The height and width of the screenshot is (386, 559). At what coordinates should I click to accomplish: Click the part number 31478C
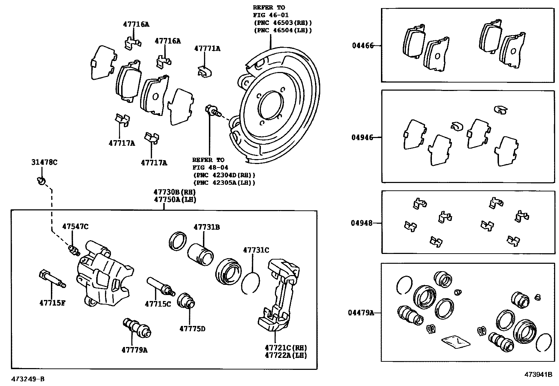point(44,162)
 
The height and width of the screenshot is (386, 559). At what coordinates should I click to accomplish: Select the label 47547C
point(75,227)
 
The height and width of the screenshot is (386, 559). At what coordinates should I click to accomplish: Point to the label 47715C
point(158,304)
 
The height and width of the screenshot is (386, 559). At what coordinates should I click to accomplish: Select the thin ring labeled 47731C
point(251,283)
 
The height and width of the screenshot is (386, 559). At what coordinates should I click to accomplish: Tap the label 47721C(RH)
point(286,348)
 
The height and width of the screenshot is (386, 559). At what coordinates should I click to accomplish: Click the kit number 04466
point(363,45)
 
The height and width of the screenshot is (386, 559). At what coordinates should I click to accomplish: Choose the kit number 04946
point(362,137)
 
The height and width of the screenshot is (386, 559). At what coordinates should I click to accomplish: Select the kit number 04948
point(362,223)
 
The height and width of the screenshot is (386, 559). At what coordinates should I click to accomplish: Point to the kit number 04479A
point(361,312)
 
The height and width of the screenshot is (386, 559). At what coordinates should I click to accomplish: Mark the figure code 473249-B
point(28,379)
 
